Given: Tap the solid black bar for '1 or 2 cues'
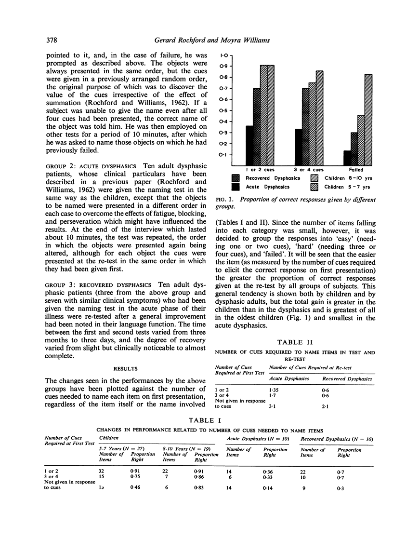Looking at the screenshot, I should pyautogui.click(x=249, y=146).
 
